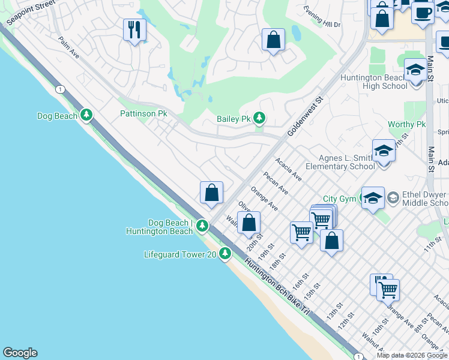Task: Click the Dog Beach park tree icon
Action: tap(87, 115)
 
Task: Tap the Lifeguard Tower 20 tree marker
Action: tap(225, 254)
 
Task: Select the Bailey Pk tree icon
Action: tap(259, 118)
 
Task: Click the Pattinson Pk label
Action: tap(143, 113)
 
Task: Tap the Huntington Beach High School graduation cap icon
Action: tap(415, 71)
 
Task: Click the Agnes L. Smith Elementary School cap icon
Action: tap(383, 151)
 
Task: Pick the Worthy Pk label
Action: tap(406, 125)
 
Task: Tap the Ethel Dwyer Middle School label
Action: tap(425, 199)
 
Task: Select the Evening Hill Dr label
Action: tap(322, 16)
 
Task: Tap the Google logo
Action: tap(20, 353)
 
